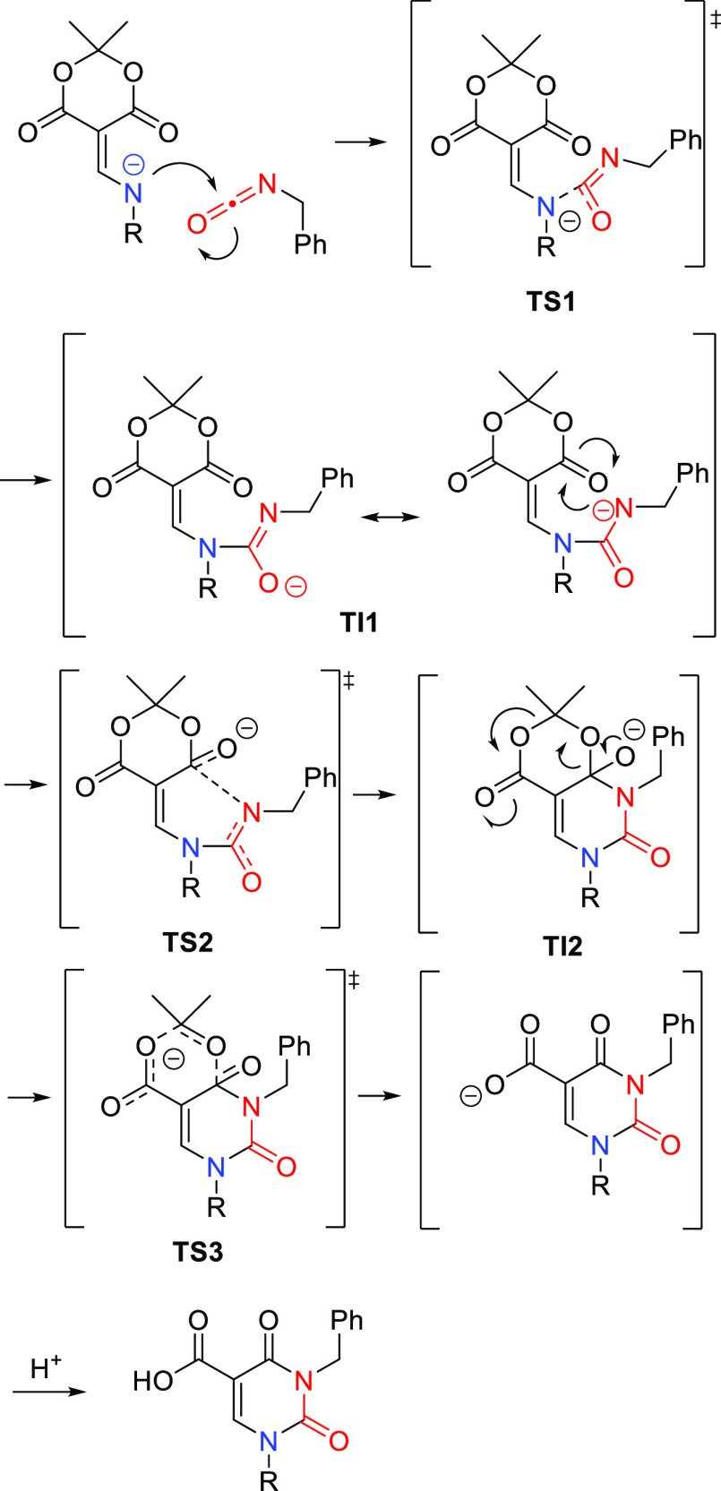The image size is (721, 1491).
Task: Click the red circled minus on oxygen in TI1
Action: [296, 587]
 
